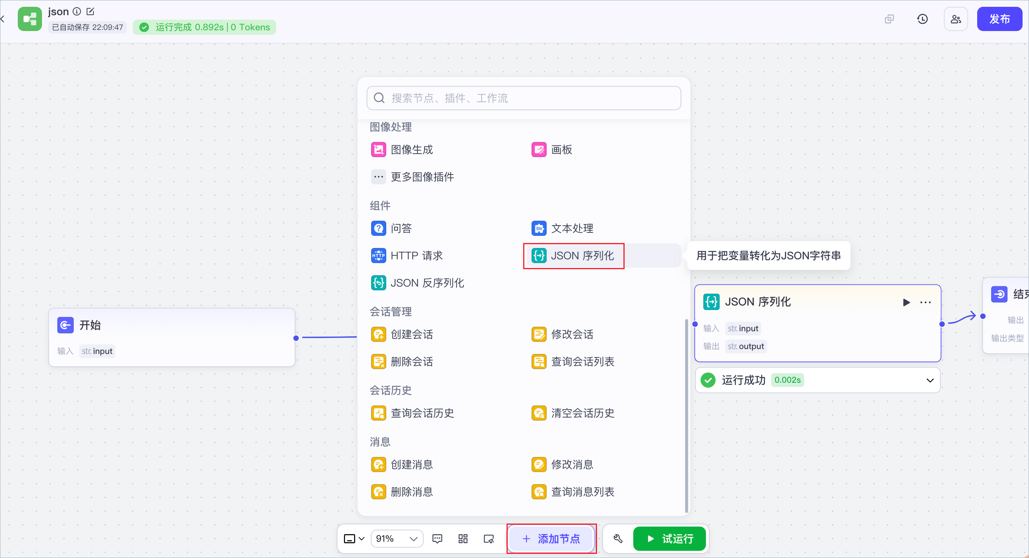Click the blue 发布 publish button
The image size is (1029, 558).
[999, 19]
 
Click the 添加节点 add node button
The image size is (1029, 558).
[551, 538]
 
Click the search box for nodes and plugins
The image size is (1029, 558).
[524, 98]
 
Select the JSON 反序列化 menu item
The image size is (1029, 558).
[417, 283]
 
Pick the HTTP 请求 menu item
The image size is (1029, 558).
[407, 256]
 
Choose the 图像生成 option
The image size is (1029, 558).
[402, 150]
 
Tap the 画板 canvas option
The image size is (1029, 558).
[552, 150]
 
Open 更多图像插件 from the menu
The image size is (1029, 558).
[412, 177]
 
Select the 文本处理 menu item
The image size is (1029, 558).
[562, 228]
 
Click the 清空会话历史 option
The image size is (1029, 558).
[573, 413]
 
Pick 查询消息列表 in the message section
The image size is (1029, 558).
[573, 492]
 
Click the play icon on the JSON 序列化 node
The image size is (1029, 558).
[906, 302]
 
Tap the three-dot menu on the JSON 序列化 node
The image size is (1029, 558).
[925, 302]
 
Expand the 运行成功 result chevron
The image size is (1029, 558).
[930, 380]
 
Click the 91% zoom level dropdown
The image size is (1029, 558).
[397, 538]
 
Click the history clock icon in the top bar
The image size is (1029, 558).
[922, 19]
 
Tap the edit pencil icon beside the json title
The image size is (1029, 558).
[90, 12]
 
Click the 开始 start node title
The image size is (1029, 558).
[90, 325]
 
